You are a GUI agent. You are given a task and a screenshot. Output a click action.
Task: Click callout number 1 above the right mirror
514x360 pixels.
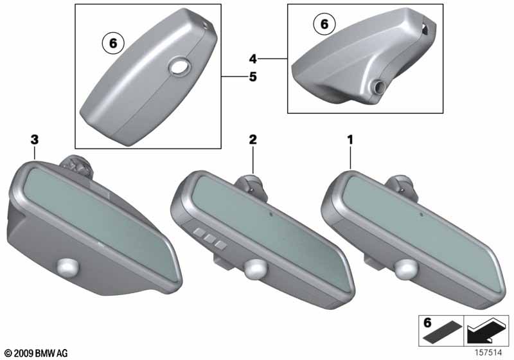point(350,140)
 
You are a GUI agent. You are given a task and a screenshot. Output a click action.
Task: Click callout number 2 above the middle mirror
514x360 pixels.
point(253,139)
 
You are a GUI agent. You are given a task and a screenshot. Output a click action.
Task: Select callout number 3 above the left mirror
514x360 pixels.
point(35,139)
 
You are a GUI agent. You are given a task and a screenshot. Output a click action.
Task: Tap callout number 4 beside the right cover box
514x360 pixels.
point(253,59)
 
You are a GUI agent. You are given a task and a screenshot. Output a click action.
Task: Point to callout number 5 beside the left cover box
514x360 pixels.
point(253,77)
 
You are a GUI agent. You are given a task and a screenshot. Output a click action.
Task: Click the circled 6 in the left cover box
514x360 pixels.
point(113,43)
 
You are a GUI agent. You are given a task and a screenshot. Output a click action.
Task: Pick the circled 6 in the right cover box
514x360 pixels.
point(324,24)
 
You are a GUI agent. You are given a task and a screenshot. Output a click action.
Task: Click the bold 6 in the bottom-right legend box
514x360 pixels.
point(427,323)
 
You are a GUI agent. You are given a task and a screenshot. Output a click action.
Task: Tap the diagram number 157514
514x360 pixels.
point(488,352)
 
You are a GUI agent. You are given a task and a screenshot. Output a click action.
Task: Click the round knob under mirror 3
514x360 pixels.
point(68,266)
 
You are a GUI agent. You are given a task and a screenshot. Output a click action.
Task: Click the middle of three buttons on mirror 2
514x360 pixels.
point(209,239)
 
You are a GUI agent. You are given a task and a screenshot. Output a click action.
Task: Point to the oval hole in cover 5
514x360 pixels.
point(180,67)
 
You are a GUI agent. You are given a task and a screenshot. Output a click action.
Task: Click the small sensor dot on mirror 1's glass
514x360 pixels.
point(421,215)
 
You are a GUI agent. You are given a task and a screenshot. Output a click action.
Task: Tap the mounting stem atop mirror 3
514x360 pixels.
point(77,166)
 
